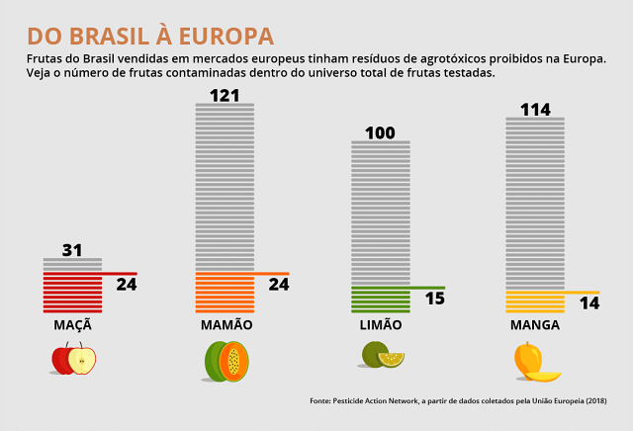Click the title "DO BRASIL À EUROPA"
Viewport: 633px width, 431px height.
coord(150,37)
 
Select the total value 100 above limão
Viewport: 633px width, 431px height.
coord(380,132)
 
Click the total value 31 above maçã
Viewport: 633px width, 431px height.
coord(72,250)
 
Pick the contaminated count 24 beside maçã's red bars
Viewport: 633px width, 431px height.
coord(127,285)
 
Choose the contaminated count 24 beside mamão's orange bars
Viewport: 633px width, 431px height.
coord(279,285)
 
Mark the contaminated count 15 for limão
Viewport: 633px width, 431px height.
coord(434,298)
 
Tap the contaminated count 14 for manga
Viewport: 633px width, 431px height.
coord(589,302)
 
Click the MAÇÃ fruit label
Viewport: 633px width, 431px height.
coord(72,324)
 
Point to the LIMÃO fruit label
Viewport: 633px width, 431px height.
coord(381,324)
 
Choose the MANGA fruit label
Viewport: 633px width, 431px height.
coord(535,324)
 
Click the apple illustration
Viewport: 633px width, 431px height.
coord(73,359)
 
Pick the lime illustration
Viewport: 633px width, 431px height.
coord(383,355)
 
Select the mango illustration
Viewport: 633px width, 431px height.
coord(535,361)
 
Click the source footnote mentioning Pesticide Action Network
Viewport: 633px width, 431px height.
coord(458,400)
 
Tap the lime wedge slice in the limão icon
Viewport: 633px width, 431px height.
coord(392,359)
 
